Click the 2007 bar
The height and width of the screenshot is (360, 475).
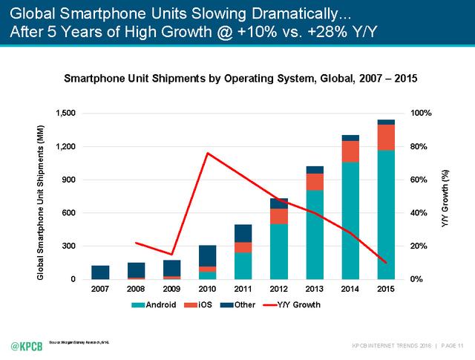(x=100, y=272)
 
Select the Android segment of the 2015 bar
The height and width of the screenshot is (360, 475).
(x=385, y=215)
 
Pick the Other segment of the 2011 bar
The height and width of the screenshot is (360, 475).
(x=243, y=233)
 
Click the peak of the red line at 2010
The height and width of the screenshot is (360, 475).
(x=207, y=153)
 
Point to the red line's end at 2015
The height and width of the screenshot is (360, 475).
(x=385, y=262)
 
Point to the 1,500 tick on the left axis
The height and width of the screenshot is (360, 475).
(x=65, y=113)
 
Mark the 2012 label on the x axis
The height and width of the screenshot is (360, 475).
(x=278, y=289)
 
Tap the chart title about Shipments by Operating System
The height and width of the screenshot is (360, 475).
(x=240, y=76)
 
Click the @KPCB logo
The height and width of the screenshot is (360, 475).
(x=25, y=346)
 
